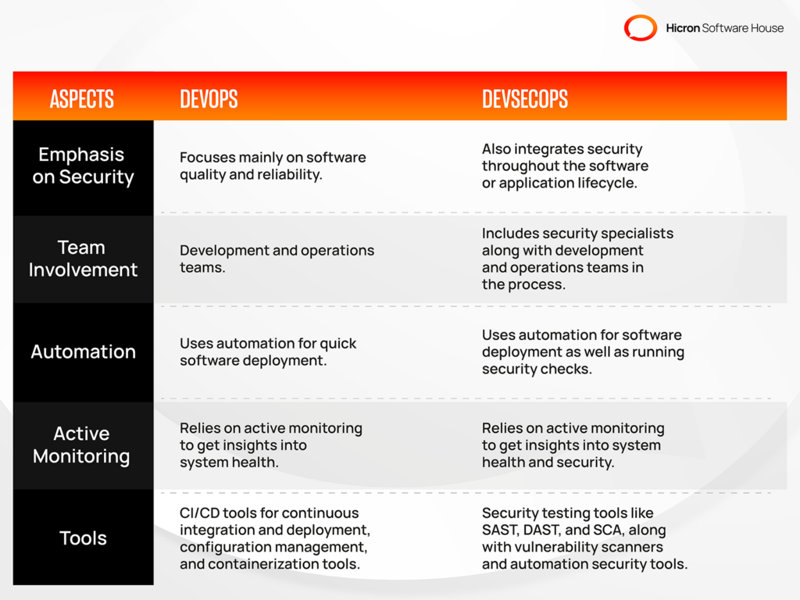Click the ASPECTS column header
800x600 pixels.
click(x=82, y=98)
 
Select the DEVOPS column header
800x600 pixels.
click(x=209, y=98)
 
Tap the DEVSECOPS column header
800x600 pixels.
click(x=525, y=98)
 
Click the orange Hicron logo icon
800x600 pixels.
click(x=641, y=28)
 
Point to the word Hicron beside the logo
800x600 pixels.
click(x=683, y=28)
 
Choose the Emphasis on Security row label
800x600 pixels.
click(x=83, y=166)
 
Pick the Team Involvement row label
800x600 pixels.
click(x=83, y=259)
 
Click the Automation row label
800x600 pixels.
click(x=83, y=352)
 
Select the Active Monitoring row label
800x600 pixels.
click(x=82, y=445)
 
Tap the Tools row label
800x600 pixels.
click(x=83, y=538)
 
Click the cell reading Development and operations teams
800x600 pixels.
click(x=277, y=259)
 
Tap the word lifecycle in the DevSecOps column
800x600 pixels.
click(x=608, y=183)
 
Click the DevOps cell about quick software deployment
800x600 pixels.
click(x=268, y=352)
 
